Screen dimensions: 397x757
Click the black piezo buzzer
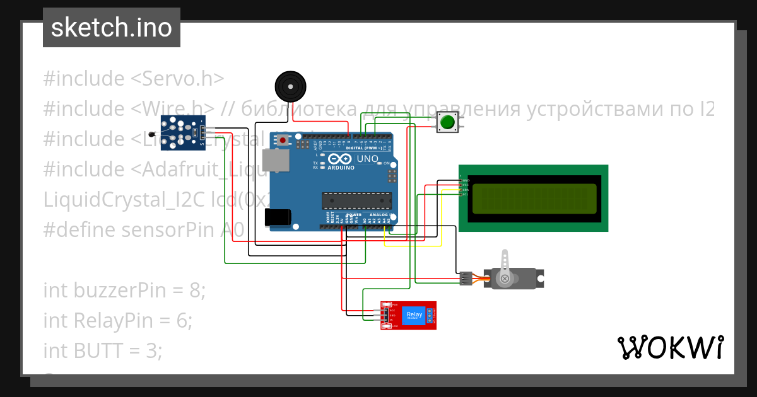(x=290, y=86)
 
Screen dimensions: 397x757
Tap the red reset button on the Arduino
(x=283, y=140)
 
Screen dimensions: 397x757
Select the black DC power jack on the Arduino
(x=278, y=217)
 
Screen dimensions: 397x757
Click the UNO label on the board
(x=368, y=159)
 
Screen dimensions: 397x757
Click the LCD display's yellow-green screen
(x=533, y=198)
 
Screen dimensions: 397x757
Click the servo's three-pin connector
(x=466, y=279)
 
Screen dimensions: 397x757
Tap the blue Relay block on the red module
(x=414, y=315)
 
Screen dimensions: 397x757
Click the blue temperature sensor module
(x=183, y=133)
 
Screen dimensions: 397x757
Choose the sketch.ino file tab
(x=112, y=28)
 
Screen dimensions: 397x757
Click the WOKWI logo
(x=670, y=347)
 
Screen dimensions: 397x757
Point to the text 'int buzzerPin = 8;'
(x=124, y=291)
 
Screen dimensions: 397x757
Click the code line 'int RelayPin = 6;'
(x=117, y=320)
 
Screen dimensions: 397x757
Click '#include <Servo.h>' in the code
(x=134, y=79)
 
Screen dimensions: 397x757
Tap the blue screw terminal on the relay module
(x=431, y=315)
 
